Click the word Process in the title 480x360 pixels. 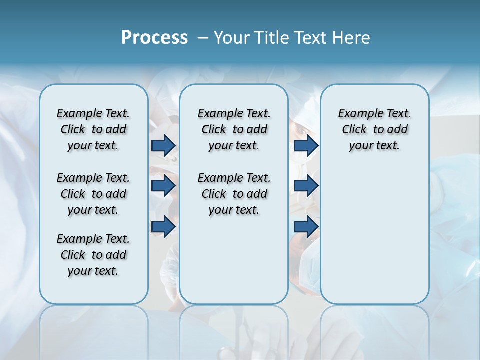point(154,37)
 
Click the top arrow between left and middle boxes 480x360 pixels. point(163,145)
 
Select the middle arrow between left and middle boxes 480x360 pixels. point(163,186)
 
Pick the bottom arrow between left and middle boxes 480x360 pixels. point(163,227)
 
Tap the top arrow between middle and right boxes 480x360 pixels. point(306,145)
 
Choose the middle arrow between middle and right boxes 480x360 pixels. point(306,186)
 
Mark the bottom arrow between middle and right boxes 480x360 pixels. point(306,227)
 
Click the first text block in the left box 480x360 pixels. point(93,129)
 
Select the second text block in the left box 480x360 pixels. point(93,194)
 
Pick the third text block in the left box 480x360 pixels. point(93,255)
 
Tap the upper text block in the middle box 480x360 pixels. point(234,129)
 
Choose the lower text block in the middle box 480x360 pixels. point(234,194)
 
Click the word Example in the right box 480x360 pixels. point(356,113)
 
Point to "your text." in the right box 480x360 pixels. point(374,145)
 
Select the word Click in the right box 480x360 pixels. point(354,129)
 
